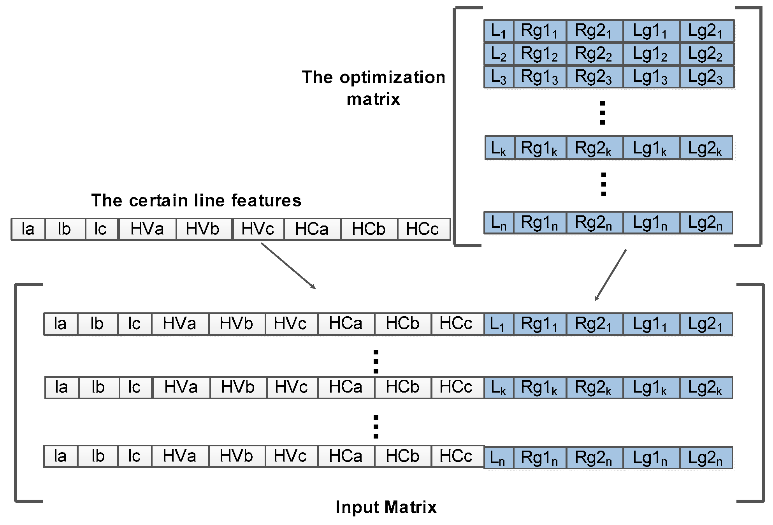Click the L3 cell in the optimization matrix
click(499, 77)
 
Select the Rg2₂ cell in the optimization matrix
click(594, 54)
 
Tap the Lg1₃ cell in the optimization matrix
click(651, 77)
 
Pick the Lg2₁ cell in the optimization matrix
click(706, 31)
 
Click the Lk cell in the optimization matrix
click(499, 148)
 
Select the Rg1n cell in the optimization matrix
click(539, 223)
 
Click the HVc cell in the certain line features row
click(258, 229)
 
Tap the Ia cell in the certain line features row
click(28, 229)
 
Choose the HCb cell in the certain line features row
click(369, 229)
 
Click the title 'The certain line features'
click(196, 201)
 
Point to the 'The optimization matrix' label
click(373, 88)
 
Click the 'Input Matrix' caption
click(386, 507)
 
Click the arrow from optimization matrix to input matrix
click(610, 275)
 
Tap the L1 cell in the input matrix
click(498, 324)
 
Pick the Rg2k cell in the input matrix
click(594, 388)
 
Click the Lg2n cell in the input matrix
click(706, 458)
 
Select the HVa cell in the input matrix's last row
click(179, 456)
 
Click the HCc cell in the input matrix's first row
click(456, 324)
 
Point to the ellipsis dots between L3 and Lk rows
click(603, 113)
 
